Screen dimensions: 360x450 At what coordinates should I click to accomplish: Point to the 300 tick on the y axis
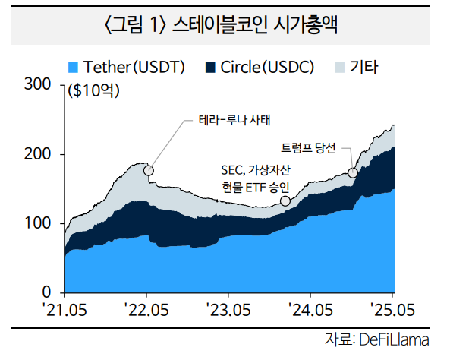point(38,84)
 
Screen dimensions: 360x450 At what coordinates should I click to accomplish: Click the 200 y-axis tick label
point(38,154)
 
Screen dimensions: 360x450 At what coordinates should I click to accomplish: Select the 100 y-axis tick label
point(38,223)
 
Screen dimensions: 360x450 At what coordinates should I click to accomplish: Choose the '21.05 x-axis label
point(65,309)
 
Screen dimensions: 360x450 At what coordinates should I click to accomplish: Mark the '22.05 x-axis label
point(146,309)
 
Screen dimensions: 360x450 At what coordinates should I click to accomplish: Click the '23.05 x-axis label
point(228,309)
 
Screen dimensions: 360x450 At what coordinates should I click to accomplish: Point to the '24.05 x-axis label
point(310,309)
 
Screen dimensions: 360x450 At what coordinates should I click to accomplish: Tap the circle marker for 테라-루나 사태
point(148,170)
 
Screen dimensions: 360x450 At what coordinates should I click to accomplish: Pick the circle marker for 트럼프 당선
point(352,173)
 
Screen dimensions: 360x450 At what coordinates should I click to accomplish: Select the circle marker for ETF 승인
point(285,201)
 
